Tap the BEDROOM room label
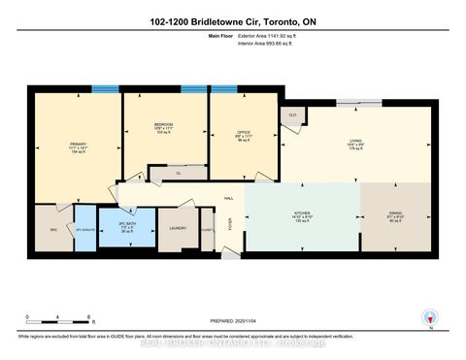[x=163, y=126]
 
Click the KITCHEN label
[x=301, y=216]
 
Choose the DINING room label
[x=394, y=216]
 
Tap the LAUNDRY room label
[x=178, y=229]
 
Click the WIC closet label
[x=53, y=229]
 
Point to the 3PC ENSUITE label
[x=85, y=229]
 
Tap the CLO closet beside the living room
[x=292, y=115]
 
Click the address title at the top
[x=233, y=20]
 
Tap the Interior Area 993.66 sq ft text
[x=269, y=46]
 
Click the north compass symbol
[x=429, y=315]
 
